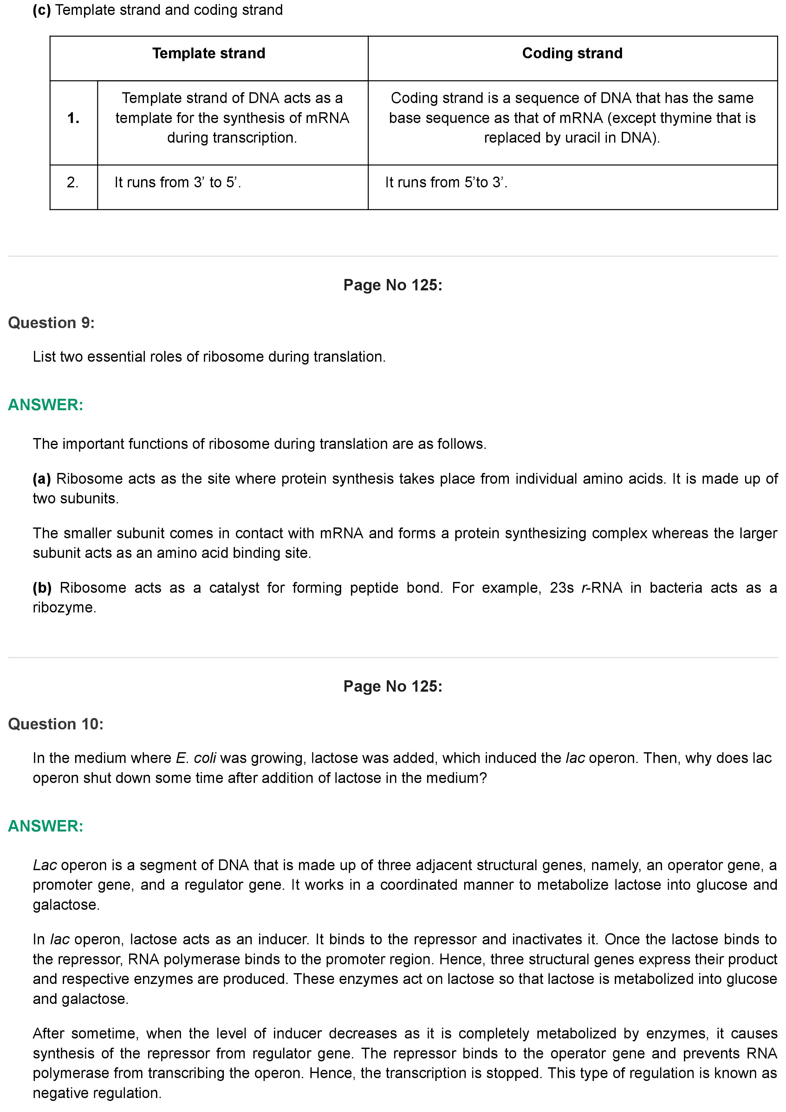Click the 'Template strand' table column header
[x=209, y=53]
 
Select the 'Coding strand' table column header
[x=572, y=53]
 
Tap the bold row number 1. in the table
[x=73, y=118]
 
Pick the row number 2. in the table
[x=73, y=183]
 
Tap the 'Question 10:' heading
[x=56, y=724]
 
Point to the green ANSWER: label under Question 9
[x=46, y=405]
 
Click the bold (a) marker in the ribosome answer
[x=42, y=479]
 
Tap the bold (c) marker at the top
[x=42, y=10]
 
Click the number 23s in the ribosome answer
[x=562, y=588]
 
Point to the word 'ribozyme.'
[x=64, y=608]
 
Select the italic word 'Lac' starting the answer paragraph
[x=45, y=865]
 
